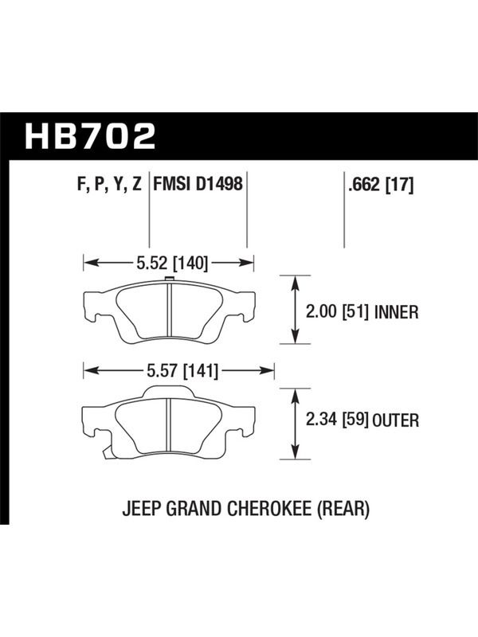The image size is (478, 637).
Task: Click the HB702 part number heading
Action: pos(90,136)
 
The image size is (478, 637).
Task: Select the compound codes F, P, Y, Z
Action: pos(109,185)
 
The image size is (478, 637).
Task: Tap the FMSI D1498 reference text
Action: pos(198,184)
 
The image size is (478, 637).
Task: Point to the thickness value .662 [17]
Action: pos(381,186)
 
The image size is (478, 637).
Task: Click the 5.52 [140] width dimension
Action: pos(172,264)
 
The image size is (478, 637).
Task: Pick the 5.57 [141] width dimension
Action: pos(183,370)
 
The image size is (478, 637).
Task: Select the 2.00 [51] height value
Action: pos(337,312)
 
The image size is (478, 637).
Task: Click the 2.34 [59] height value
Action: pos(337,420)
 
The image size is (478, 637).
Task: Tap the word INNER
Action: pos(396,312)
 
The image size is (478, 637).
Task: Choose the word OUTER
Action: pos(395,420)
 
